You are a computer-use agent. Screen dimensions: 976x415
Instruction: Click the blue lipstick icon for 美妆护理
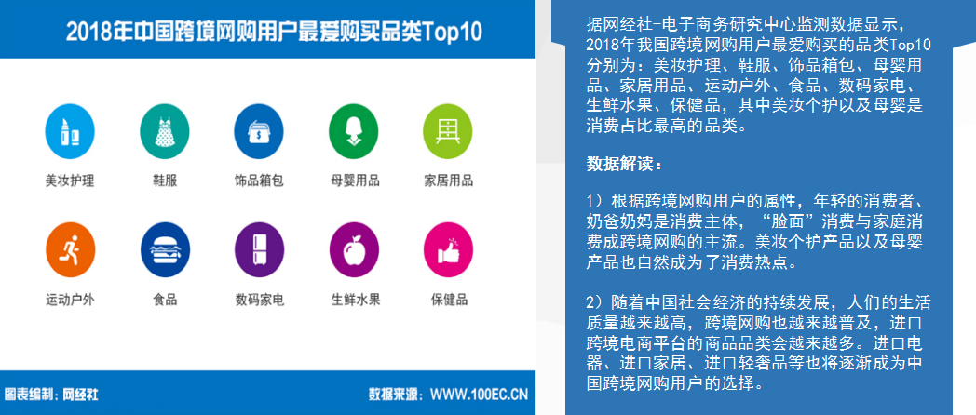point(70,131)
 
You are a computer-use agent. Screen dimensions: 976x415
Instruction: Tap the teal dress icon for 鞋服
point(164,131)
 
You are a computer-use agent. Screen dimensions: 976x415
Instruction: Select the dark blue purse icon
point(258,131)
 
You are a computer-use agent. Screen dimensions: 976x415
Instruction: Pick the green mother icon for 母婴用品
point(354,131)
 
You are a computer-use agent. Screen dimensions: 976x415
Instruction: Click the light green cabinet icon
point(448,131)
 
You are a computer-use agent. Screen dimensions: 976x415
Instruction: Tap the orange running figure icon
point(71,249)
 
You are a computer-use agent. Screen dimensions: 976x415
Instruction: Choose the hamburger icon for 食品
point(165,249)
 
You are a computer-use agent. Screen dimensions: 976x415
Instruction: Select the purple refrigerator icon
point(260,249)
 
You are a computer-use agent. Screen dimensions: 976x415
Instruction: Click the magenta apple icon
point(354,249)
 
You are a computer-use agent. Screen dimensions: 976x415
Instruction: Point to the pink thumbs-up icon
point(448,249)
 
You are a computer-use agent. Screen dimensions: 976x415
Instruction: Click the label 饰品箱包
point(259,181)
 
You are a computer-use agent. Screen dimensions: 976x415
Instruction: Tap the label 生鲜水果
point(356,300)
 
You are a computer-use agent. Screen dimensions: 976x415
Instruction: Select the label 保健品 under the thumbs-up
point(449,300)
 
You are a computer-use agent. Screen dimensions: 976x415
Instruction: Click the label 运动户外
point(71,300)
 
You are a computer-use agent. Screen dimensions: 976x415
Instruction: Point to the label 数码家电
point(260,300)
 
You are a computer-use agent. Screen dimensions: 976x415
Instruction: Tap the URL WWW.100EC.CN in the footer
point(480,395)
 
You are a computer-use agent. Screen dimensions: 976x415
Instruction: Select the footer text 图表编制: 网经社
point(51,395)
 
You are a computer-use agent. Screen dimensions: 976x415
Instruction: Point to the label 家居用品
point(448,181)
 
